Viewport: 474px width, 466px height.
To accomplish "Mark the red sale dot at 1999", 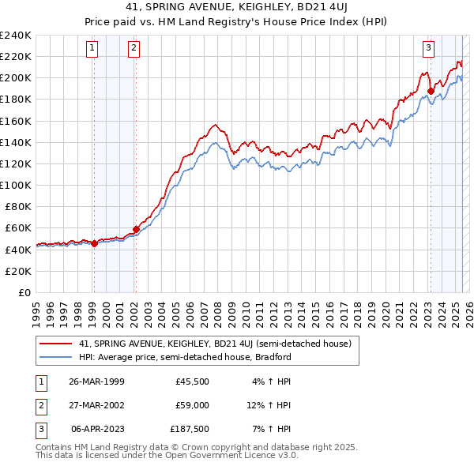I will click(94, 243).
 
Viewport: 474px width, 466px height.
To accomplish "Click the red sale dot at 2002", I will click(136, 229).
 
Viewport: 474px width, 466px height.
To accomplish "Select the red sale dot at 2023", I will click(431, 91).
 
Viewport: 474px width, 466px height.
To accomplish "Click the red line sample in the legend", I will click(55, 343).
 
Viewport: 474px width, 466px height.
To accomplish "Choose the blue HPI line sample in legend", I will click(55, 356).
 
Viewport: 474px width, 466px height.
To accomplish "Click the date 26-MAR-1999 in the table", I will click(96, 381).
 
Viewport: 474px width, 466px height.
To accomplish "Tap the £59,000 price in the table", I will click(192, 405).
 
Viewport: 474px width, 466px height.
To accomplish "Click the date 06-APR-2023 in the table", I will click(96, 430).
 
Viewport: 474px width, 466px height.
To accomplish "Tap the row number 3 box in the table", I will click(39, 430).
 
